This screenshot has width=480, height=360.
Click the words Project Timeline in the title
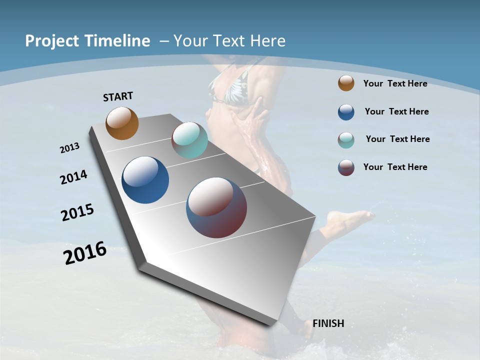87,41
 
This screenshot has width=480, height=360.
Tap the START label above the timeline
118,96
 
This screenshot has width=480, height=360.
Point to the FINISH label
328,323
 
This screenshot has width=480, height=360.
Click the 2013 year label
69,148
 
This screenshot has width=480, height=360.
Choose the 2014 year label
74,177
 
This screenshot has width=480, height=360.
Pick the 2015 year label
77,212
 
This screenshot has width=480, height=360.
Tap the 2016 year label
85,253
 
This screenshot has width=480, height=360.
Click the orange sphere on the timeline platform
122,123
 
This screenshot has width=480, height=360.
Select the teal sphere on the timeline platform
189,140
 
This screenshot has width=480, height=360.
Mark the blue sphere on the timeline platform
145,180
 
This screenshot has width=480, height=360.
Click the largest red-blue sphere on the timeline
216,207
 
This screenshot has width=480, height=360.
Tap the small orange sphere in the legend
346,83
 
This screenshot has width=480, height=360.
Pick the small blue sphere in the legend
346,112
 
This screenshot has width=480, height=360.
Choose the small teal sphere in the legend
346,140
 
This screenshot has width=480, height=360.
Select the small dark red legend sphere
346,167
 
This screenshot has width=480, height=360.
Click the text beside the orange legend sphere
395,83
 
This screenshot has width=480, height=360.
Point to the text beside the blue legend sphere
396,111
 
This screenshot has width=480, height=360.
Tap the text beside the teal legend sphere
397,139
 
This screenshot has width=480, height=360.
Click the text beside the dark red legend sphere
395,167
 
